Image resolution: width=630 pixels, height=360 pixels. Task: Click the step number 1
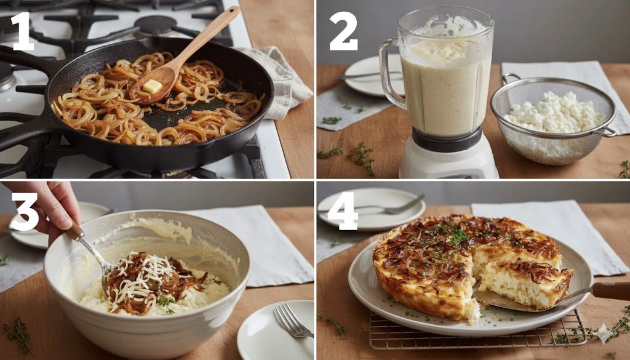coord(22,31)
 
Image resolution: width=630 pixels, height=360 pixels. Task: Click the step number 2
coord(343,31)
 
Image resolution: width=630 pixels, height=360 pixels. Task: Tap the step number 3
coord(25,212)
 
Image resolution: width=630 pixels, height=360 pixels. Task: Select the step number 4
coord(342,211)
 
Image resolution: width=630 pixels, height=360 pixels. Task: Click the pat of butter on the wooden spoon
coord(153,86)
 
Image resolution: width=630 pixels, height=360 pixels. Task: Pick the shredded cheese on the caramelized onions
coord(143,278)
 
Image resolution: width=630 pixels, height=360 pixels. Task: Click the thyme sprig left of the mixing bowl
coord(18,334)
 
